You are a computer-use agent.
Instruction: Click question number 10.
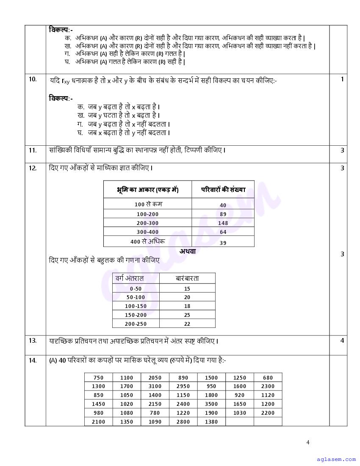pyautogui.click(x=33, y=79)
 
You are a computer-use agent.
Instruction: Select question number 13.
pyautogui.click(x=33, y=341)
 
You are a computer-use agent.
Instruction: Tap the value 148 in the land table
pyautogui.click(x=223, y=223)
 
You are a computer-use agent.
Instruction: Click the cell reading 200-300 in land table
pyautogui.click(x=147, y=223)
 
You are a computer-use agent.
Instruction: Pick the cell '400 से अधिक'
pyautogui.click(x=147, y=241)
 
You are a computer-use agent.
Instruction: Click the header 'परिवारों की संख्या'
pyautogui.click(x=223, y=190)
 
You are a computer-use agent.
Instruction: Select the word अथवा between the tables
pyautogui.click(x=187, y=251)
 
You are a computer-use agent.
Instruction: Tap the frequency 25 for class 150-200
pyautogui.click(x=187, y=315)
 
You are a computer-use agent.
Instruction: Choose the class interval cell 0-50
pyautogui.click(x=136, y=288)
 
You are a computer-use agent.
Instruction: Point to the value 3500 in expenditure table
pyautogui.click(x=211, y=404)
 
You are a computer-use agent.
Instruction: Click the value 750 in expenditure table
pyautogui.click(x=98, y=378)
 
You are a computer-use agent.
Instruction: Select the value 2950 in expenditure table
pyautogui.click(x=183, y=386)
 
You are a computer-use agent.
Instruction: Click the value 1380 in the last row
pyautogui.click(x=211, y=422)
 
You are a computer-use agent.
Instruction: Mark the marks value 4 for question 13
pyautogui.click(x=342, y=341)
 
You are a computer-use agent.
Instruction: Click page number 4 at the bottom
pyautogui.click(x=308, y=443)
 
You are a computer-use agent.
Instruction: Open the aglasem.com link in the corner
pyautogui.click(x=336, y=459)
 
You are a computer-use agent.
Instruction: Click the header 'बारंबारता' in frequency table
pyautogui.click(x=187, y=278)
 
